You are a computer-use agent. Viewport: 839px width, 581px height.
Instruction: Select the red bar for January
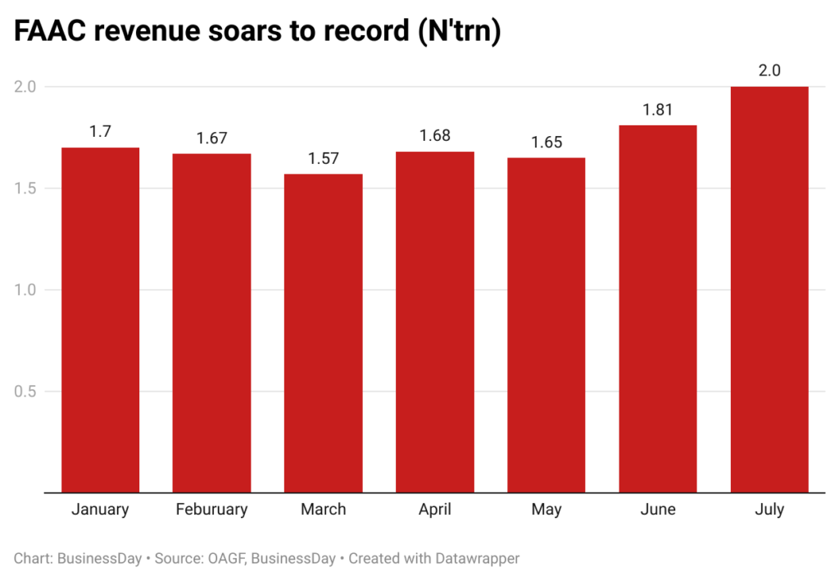[100, 320]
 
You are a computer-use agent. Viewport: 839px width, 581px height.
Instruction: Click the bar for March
[323, 333]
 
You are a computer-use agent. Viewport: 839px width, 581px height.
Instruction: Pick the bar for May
[546, 325]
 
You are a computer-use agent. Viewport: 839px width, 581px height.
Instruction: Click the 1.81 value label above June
[658, 109]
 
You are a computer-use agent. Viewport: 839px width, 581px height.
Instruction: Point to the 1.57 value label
[323, 158]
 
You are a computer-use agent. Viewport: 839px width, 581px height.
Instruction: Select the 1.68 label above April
[434, 136]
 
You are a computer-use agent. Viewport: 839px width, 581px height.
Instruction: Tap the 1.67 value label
[211, 138]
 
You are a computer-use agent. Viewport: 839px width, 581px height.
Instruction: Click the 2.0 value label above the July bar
[769, 70]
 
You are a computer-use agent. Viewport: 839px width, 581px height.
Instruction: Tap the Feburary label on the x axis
[211, 510]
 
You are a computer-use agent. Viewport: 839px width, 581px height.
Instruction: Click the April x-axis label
[434, 510]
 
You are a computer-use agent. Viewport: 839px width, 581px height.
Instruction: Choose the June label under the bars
[658, 510]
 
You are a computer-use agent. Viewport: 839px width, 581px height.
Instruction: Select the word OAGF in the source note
[223, 559]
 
